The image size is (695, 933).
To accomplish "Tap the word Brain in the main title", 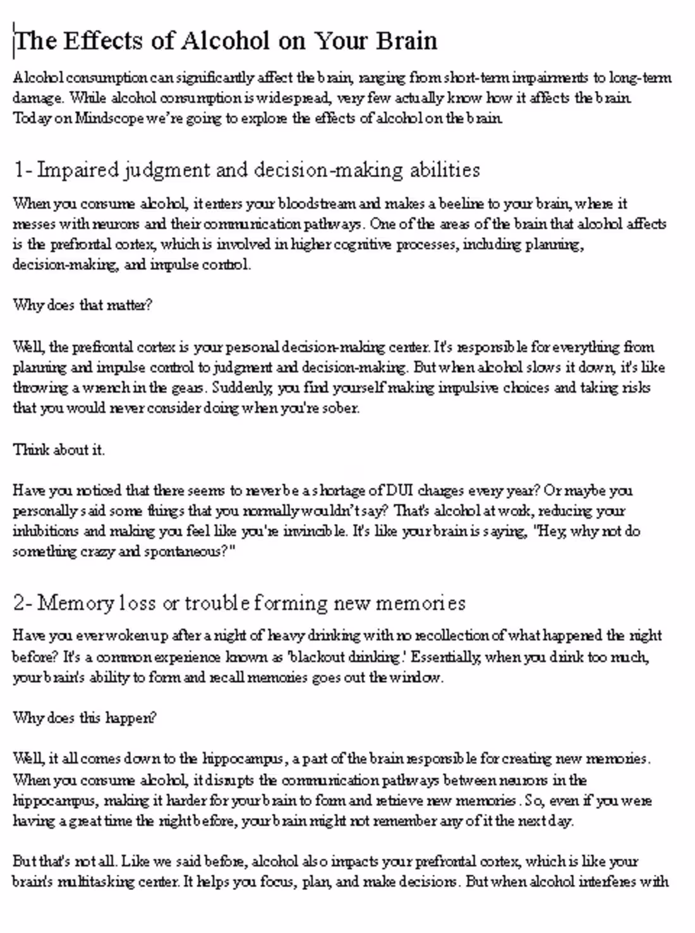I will (407, 41).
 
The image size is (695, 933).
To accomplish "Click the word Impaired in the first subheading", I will (78, 170).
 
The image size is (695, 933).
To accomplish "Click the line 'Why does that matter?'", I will (83, 305).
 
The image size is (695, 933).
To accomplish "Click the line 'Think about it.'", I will (59, 450).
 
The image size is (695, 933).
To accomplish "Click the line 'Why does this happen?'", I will (85, 718).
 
